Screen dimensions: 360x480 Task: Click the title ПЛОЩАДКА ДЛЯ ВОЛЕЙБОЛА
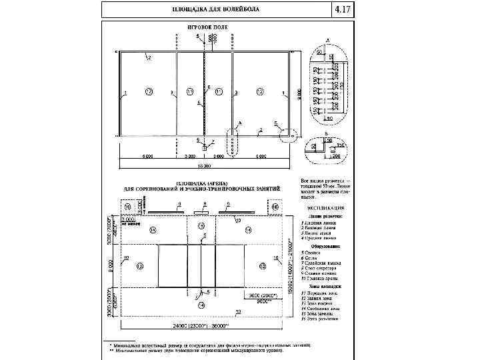[215, 11]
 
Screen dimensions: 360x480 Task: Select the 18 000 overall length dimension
[204, 165]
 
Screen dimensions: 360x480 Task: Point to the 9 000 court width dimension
[298, 94]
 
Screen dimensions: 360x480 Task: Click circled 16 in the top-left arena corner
[127, 207]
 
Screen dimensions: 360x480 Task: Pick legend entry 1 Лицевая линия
[321, 221]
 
